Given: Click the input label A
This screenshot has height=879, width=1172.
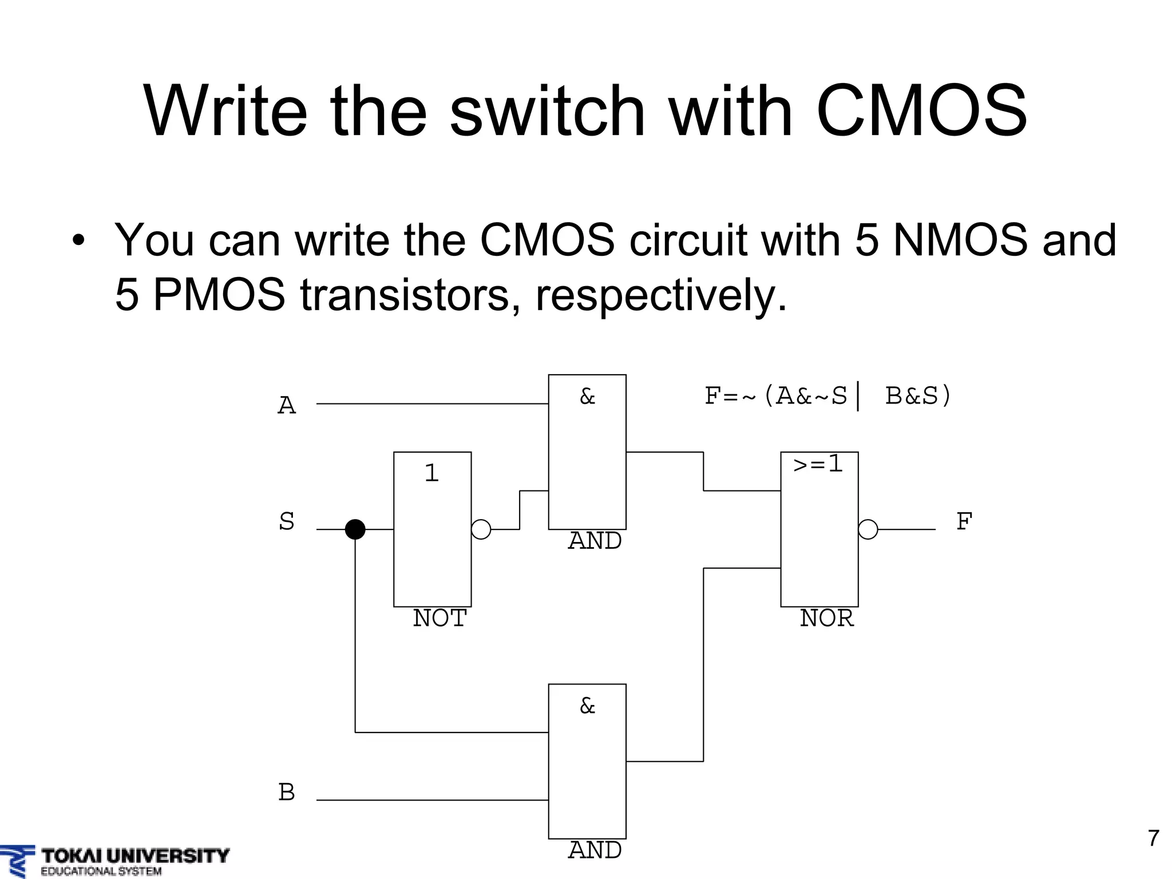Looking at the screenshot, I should coord(287,406).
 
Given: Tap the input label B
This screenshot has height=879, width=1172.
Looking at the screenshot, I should coord(287,793).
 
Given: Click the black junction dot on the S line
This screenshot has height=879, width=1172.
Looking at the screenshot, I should coord(355,529).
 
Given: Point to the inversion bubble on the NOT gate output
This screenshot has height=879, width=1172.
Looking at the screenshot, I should coord(481,529).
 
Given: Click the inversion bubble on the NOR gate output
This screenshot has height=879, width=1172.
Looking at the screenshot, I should coord(868,529).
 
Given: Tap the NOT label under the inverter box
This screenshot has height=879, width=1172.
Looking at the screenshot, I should coord(439,619).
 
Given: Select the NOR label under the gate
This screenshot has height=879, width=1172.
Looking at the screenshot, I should coord(826,619).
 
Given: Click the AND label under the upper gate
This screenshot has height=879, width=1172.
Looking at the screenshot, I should coord(595,541).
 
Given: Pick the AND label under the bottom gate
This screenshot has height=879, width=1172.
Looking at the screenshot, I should coord(595,850).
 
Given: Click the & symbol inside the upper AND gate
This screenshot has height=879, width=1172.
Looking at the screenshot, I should coord(587,397).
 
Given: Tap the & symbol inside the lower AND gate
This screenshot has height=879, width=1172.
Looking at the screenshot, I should coord(587,706).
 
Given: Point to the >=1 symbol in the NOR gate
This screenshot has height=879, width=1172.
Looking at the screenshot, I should coord(818,464).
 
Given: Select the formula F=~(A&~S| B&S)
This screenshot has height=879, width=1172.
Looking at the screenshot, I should coord(827,396).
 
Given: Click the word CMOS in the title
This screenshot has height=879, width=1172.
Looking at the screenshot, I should coord(921,112).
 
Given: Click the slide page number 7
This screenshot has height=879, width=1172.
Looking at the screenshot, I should coord(1154,838).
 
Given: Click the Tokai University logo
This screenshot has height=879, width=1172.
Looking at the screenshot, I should coord(114,861).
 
